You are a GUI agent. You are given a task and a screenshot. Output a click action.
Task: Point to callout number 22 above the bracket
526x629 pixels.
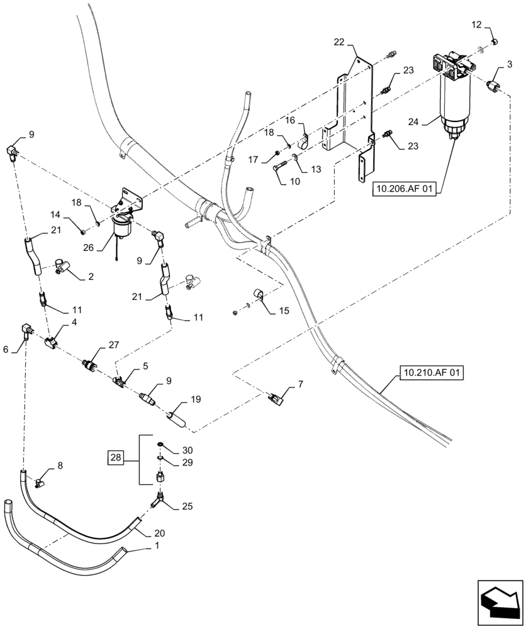point(339,42)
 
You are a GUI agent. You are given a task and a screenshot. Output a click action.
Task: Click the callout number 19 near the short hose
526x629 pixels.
point(196,399)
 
